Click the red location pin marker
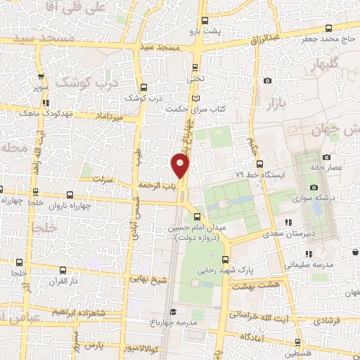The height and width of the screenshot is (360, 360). coord(181,167)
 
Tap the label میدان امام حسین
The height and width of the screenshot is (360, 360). coord(198,229)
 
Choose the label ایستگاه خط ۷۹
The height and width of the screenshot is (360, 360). coord(262,174)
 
